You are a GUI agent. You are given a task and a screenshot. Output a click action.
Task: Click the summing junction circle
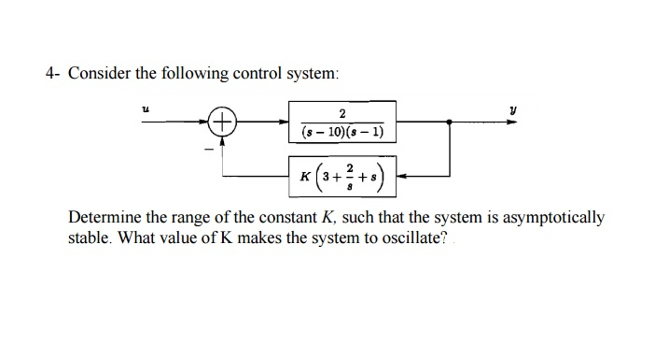click(x=222, y=122)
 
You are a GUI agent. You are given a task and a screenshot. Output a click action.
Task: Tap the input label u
click(x=146, y=109)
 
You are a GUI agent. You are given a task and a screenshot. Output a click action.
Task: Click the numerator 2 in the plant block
click(x=342, y=114)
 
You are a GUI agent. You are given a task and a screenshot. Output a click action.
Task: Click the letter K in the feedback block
click(x=305, y=177)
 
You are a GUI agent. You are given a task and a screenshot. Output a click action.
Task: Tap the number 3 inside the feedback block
click(x=326, y=177)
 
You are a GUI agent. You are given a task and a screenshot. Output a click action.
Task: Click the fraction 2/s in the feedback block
click(x=350, y=177)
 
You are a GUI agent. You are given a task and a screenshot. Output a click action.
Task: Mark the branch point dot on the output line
click(x=449, y=122)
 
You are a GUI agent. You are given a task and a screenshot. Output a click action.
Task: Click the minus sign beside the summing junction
click(x=209, y=150)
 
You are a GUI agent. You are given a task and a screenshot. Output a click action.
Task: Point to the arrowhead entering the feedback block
click(x=401, y=176)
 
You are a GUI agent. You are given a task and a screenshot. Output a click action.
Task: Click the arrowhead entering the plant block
click(x=284, y=122)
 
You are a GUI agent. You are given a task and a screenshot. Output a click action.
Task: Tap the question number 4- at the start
click(x=52, y=73)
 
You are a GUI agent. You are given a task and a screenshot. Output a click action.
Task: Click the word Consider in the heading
click(x=99, y=73)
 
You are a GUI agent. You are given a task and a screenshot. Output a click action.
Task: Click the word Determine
click(x=105, y=217)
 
